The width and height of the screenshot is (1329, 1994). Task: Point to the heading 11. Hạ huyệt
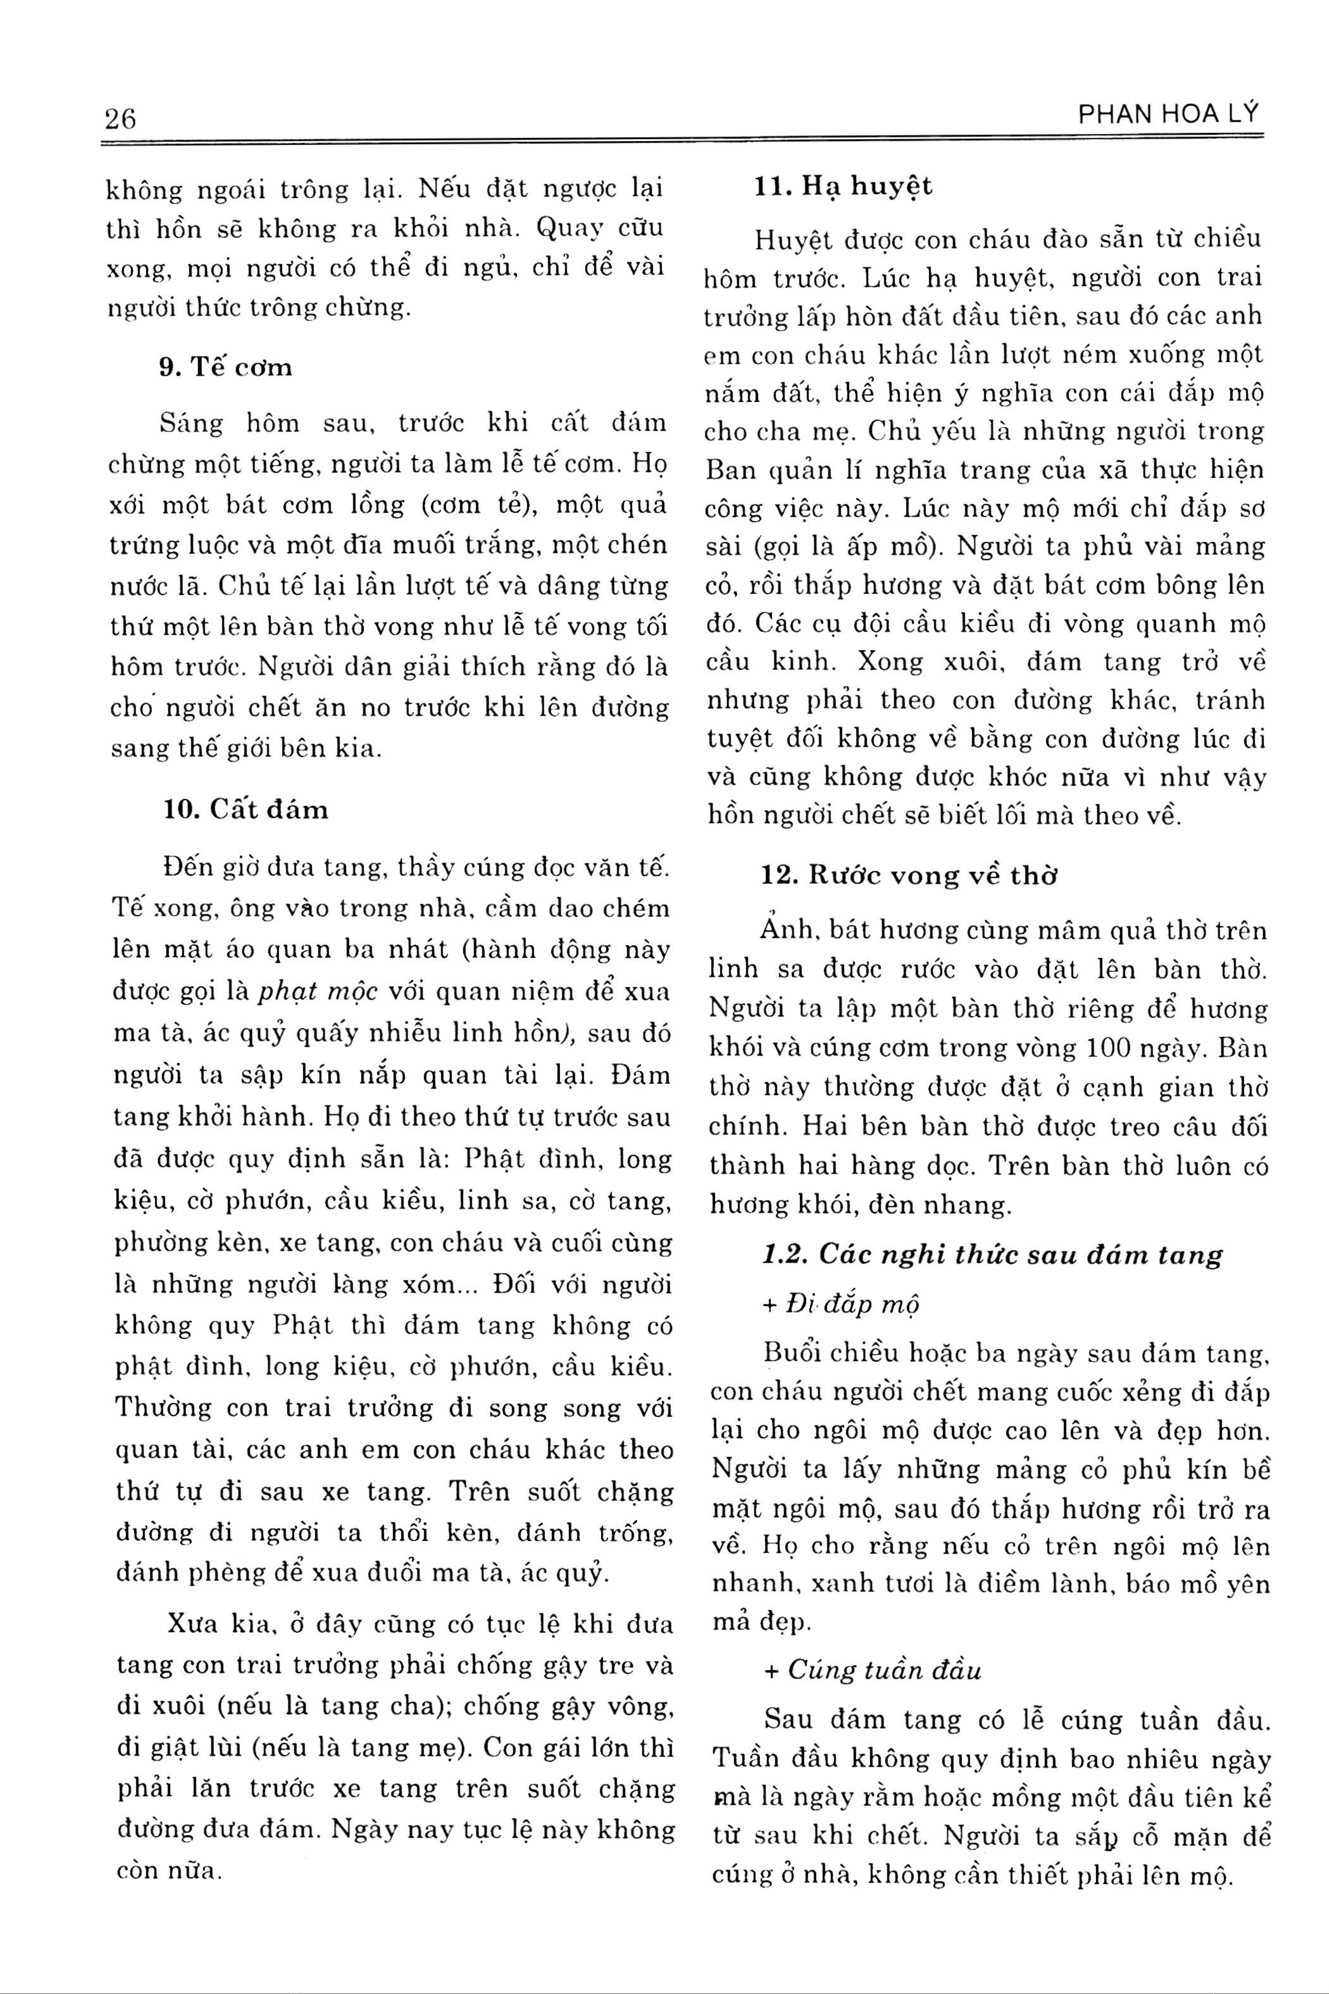844,186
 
